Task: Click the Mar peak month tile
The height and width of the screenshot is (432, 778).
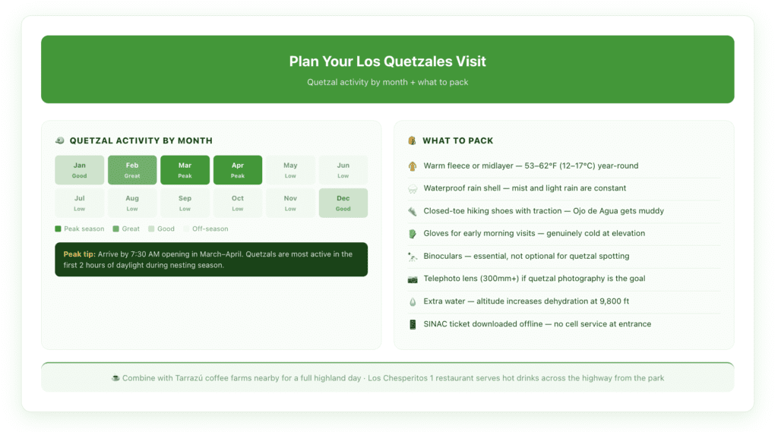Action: [185, 170]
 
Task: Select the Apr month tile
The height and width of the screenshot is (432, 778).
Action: [238, 170]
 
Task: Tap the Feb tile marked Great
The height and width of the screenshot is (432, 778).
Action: [132, 170]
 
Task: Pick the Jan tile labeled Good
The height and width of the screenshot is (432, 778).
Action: [79, 170]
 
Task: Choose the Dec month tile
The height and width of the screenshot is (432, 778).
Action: [343, 203]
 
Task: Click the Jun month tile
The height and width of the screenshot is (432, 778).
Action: [343, 170]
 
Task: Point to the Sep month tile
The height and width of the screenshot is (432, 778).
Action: [185, 203]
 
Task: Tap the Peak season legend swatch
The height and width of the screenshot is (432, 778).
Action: [58, 229]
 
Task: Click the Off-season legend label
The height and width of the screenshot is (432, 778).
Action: [210, 229]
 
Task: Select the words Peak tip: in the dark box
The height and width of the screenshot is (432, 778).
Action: [80, 254]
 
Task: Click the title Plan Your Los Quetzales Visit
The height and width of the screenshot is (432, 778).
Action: [387, 61]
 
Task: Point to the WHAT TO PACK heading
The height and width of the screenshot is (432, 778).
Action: [457, 140]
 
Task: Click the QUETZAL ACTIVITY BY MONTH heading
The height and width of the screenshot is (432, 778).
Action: [141, 140]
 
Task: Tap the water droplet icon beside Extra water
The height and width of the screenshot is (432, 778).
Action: [413, 301]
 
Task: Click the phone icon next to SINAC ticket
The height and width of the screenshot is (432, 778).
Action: [413, 324]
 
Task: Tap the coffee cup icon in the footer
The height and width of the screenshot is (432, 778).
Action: [115, 378]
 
